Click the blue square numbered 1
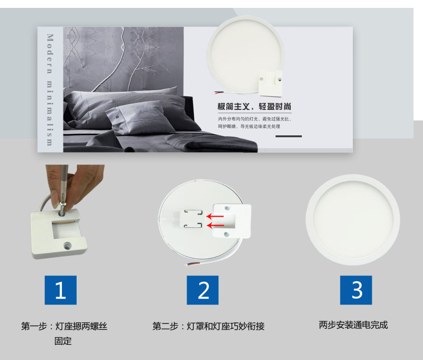[61, 290]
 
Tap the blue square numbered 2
[203, 290]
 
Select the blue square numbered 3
[356, 290]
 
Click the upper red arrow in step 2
[215, 216]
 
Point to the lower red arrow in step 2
[215, 225]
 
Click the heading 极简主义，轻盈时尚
[254, 106]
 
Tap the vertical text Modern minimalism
[50, 89]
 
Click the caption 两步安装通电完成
[353, 325]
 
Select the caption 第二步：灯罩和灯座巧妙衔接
[208, 326]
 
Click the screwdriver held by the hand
[63, 189]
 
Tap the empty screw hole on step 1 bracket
[67, 246]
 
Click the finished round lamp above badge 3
[353, 220]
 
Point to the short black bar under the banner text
[288, 136]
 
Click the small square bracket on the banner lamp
[270, 84]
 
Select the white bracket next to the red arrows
[232, 220]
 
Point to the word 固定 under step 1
[63, 341]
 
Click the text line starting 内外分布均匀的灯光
[255, 118]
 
